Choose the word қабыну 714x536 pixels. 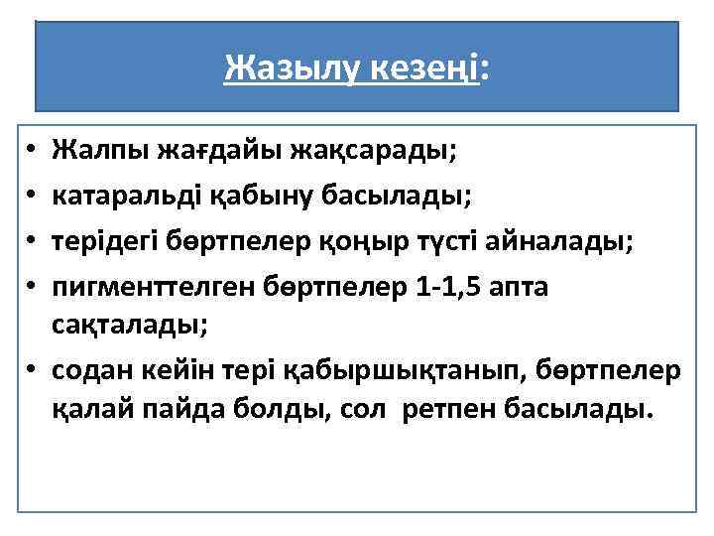tap(254, 197)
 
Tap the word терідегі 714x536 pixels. tap(103, 241)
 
